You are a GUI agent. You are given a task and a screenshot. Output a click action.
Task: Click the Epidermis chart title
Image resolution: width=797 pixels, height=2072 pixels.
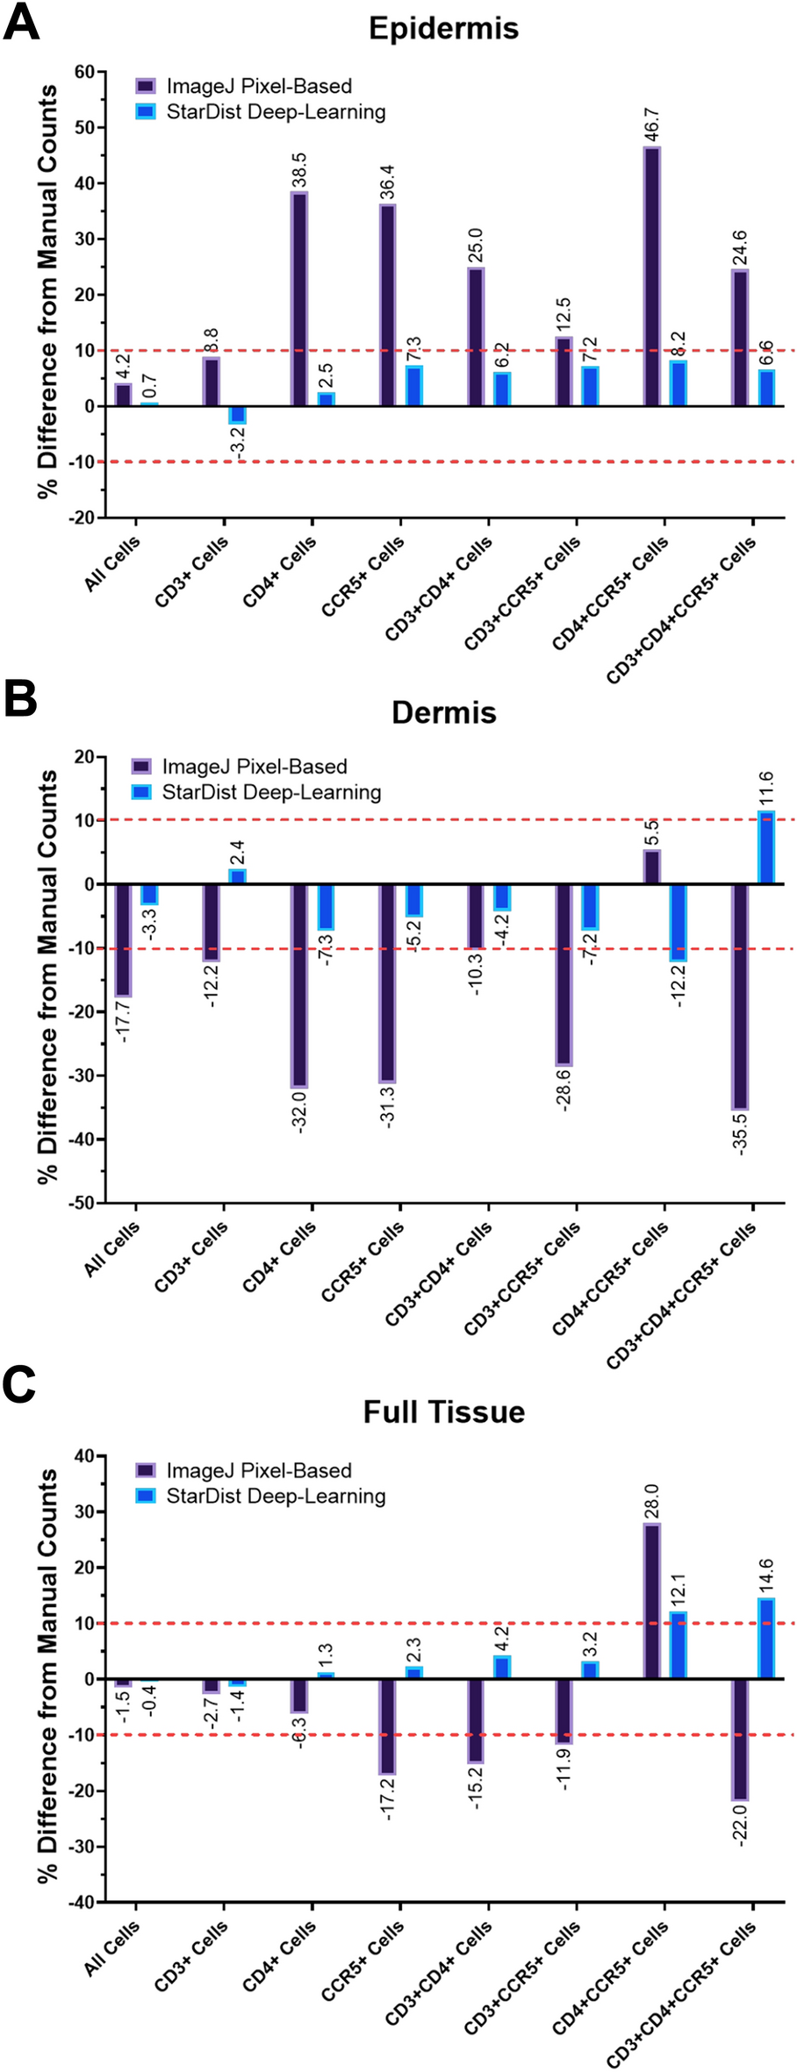(443, 28)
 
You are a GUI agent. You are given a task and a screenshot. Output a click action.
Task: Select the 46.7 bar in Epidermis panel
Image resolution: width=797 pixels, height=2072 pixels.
(651, 275)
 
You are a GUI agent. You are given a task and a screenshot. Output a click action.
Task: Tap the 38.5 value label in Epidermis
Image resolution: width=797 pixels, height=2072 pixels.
(299, 170)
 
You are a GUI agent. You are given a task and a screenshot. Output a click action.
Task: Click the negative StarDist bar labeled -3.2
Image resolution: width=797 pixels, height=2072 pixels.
(238, 414)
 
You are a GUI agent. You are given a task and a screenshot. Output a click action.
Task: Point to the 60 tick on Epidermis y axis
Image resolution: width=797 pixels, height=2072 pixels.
(84, 72)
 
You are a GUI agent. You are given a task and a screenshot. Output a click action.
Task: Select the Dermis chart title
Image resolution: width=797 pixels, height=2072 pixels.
(443, 712)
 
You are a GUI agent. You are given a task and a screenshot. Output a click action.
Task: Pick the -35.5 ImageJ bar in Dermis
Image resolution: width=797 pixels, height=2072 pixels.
(740, 997)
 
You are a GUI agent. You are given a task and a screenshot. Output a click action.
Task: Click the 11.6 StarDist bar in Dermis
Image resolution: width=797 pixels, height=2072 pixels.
(766, 848)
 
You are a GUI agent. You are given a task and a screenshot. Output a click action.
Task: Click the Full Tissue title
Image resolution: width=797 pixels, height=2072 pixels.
(443, 1411)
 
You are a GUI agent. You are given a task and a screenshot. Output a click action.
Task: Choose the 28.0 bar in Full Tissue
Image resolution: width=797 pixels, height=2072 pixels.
(651, 1601)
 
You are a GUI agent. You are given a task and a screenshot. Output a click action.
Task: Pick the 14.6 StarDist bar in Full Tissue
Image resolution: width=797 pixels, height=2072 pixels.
(766, 1639)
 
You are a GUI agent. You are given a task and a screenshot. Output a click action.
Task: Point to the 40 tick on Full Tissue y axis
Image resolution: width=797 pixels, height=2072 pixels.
(84, 1456)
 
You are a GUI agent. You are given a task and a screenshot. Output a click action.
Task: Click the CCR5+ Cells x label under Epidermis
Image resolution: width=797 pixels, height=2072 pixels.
(363, 575)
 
